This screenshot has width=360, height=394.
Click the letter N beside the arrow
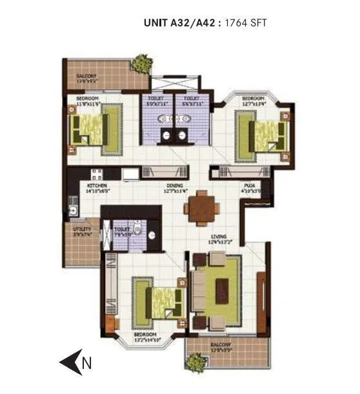(x=87, y=364)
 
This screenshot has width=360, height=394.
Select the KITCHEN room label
(x=97, y=185)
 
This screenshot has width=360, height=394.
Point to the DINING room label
(x=174, y=185)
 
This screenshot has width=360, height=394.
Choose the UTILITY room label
(x=82, y=229)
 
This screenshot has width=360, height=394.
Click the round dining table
(x=201, y=208)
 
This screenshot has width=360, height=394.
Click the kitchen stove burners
(x=97, y=173)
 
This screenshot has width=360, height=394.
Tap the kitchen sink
(x=73, y=210)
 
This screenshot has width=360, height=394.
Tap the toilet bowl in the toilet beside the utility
(x=137, y=230)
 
